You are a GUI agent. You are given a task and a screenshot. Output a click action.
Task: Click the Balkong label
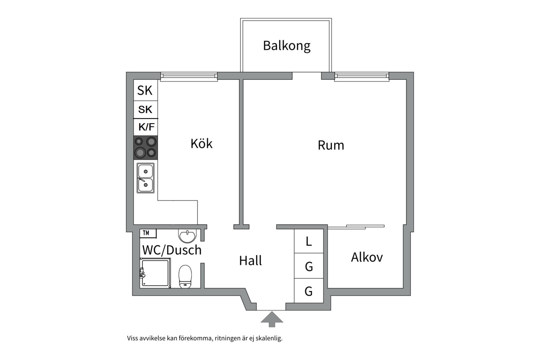(287, 46)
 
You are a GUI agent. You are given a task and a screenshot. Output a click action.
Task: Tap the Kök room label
(201, 144)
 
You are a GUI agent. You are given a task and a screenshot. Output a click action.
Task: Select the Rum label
(331, 145)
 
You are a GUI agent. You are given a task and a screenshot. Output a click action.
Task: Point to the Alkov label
(367, 257)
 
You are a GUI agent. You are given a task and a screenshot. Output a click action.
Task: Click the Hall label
(250, 261)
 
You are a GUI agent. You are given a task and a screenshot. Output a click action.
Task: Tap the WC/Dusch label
(172, 250)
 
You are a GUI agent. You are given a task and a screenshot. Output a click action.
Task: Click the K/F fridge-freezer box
(146, 127)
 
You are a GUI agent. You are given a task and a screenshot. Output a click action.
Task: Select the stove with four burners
(146, 147)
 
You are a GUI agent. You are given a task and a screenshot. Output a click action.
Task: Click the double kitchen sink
(146, 178)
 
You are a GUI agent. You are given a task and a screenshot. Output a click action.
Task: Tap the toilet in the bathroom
(185, 276)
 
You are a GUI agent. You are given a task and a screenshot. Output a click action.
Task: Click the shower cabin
(155, 273)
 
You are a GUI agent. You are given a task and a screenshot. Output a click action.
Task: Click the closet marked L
(309, 241)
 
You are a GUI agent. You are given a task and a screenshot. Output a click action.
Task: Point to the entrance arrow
(272, 319)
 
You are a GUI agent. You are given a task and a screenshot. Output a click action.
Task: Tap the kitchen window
(189, 76)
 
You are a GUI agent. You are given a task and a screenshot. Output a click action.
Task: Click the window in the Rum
(362, 76)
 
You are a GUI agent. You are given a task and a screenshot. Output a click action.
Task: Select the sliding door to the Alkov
(357, 227)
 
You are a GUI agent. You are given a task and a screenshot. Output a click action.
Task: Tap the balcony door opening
(307, 76)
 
